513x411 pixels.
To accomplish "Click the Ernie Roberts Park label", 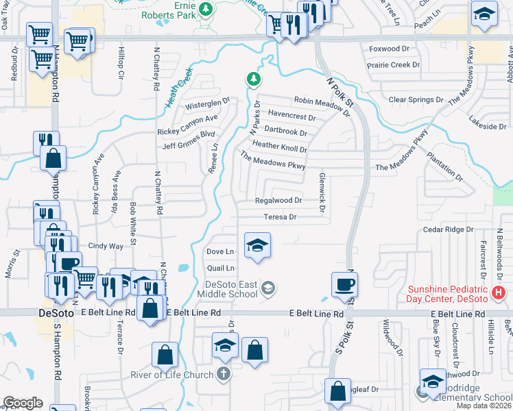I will [169, 10].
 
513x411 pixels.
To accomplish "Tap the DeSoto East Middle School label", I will [232, 289].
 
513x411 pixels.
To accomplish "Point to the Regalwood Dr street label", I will [278, 201].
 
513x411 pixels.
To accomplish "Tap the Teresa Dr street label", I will [280, 217].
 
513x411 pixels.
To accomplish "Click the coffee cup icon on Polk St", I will [344, 284].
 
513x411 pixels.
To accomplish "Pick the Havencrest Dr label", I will [291, 116].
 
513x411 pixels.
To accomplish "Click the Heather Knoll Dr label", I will [280, 145].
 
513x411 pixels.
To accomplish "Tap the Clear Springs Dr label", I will [417, 99].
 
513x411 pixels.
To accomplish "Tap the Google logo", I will [23, 403].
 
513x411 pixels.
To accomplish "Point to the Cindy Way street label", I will [105, 245].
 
